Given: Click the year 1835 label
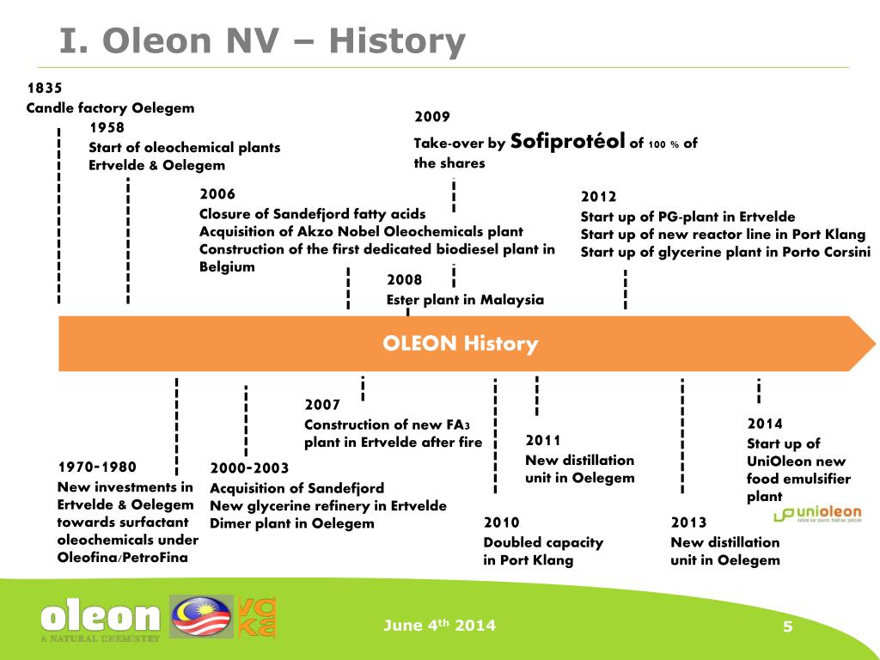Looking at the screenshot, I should pos(45,88).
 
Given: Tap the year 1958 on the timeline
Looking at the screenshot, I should pos(107,127).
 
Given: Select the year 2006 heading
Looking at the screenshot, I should pos(217,194).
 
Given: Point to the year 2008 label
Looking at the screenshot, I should pos(404,280).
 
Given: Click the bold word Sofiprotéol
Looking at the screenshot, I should pos(567,142).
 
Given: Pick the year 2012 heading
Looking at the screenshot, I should pos(598,197).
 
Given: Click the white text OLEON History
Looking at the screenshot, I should pos(461,345).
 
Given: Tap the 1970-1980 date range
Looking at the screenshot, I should pos(97,467).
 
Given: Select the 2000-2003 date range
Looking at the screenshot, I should pos(249,468).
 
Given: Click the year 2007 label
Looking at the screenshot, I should pos(322,405).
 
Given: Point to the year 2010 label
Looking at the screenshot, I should pos(502,522).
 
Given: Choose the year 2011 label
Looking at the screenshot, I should pos(543,441).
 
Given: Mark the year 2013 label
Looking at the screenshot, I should pos(688,522).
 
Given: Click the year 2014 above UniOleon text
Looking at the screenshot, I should pos(765,424).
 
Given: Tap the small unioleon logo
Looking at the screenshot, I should pos(816,515).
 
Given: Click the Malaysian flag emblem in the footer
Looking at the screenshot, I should pos(200,617).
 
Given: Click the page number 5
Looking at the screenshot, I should pos(786,626).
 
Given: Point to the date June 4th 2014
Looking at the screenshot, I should pos(439,626).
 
